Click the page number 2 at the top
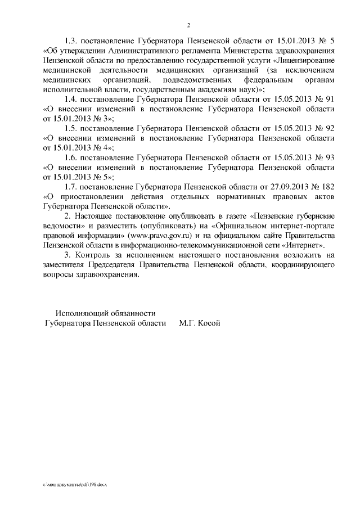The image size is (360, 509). [189, 25]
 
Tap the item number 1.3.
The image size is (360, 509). [70, 41]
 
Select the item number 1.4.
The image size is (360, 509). [70, 99]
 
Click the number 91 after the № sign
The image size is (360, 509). [330, 99]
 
